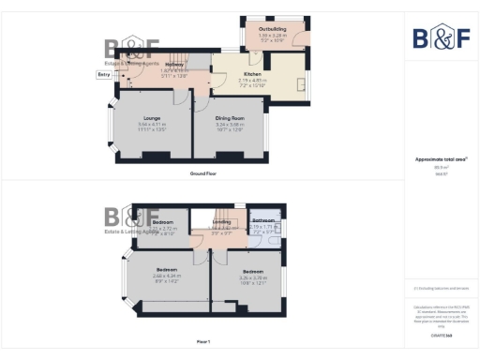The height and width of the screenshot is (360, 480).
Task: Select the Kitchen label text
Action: [252, 73]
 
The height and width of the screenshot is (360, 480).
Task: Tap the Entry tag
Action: [103, 73]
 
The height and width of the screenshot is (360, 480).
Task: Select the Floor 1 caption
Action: [203, 341]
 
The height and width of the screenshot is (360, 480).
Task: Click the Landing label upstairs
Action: [221, 221]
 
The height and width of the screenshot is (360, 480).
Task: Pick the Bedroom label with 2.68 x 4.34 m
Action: [166, 270]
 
